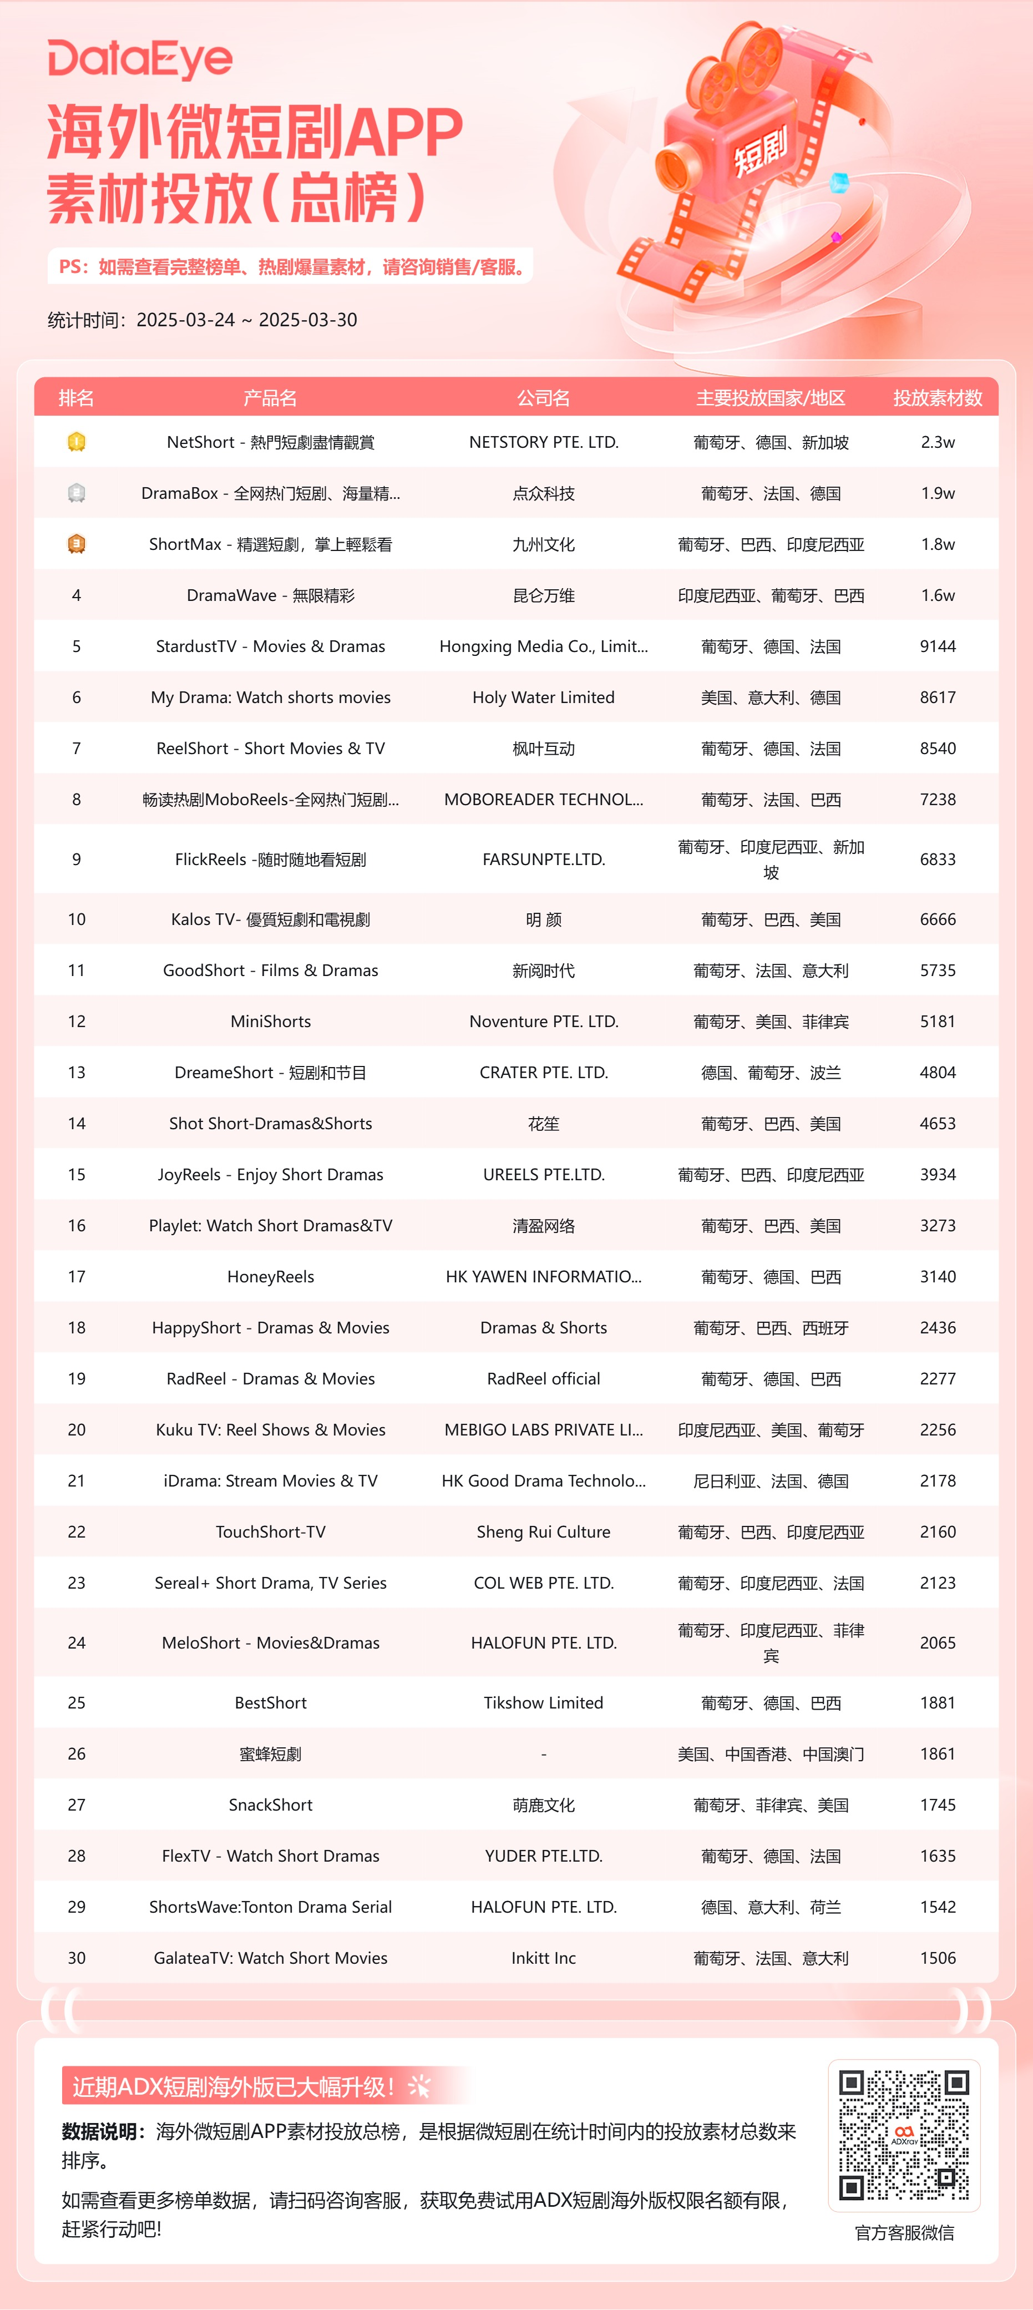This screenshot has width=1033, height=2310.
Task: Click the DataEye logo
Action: click(140, 59)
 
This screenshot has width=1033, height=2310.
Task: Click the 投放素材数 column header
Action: click(937, 398)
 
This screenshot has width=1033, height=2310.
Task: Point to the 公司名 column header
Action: click(543, 398)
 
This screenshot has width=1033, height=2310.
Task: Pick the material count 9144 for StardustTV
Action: click(937, 646)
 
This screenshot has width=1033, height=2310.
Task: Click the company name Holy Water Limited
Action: click(543, 697)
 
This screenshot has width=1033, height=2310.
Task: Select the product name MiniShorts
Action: click(271, 1022)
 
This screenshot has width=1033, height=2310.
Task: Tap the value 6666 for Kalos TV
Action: click(937, 919)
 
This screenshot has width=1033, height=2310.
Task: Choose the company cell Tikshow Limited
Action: click(543, 1703)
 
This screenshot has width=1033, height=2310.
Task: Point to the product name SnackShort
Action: click(271, 1805)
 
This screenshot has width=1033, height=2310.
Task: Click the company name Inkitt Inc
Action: click(543, 1959)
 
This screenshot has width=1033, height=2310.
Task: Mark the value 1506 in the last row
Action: click(937, 1959)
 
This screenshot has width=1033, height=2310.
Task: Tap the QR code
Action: click(904, 2134)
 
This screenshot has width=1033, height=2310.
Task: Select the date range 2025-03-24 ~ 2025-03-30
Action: click(246, 320)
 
